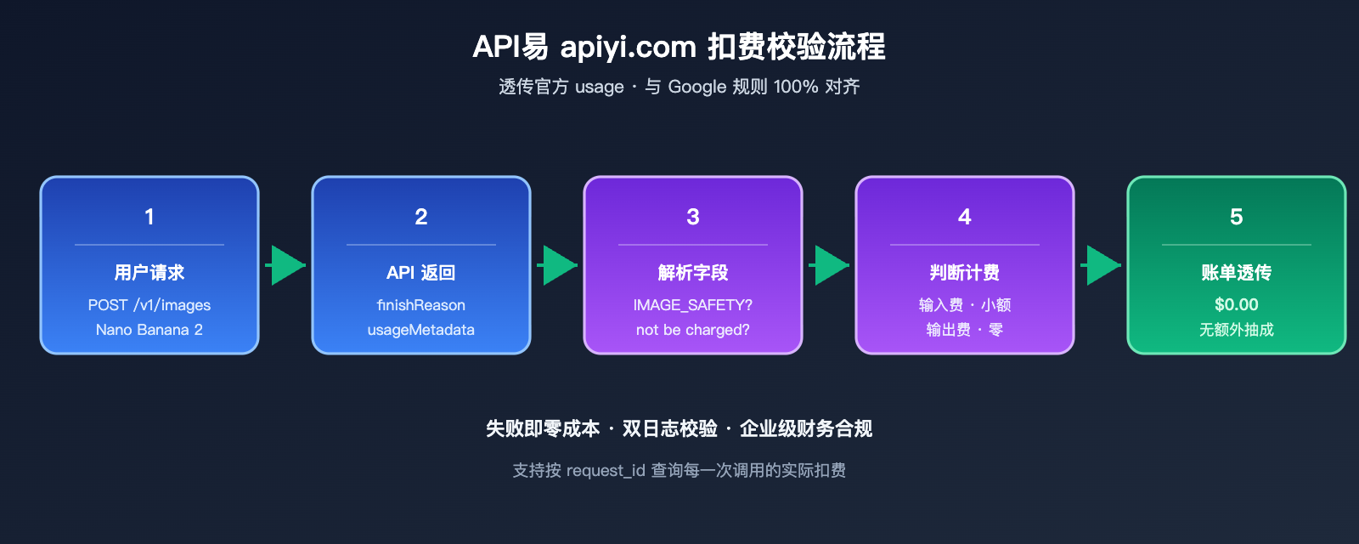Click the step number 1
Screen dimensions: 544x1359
(x=149, y=217)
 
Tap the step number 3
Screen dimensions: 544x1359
(x=693, y=217)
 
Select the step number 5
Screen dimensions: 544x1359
(x=1237, y=217)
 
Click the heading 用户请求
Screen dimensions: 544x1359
(x=149, y=273)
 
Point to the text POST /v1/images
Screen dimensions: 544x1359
(x=149, y=305)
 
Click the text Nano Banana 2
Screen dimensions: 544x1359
(x=149, y=330)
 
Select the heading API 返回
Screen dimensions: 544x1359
(x=421, y=273)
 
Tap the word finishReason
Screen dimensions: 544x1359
(x=421, y=305)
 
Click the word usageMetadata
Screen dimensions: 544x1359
(x=421, y=330)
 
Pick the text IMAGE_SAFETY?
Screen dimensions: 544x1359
(x=693, y=305)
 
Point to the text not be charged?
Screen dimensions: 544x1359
(x=693, y=330)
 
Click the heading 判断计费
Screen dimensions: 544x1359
(x=965, y=273)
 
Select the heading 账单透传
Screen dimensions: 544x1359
(x=1237, y=273)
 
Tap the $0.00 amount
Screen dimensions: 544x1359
(x=1237, y=304)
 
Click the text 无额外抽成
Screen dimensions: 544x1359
(x=1237, y=330)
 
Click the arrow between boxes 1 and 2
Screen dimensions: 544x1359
(x=286, y=265)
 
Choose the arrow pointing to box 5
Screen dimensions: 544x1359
(x=1102, y=265)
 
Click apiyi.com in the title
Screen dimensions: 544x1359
(x=628, y=47)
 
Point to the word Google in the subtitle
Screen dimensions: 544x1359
(x=697, y=87)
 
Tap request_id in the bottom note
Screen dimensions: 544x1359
(x=606, y=471)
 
